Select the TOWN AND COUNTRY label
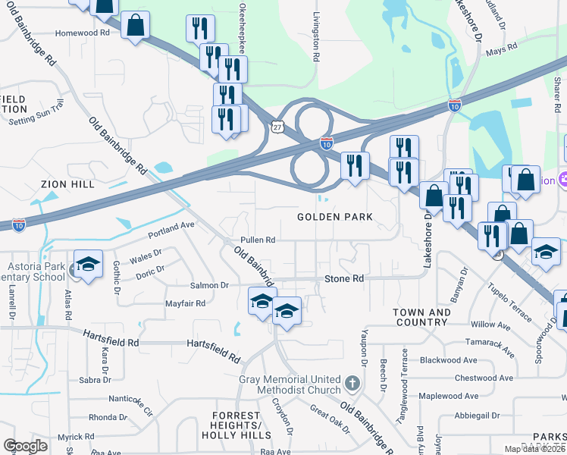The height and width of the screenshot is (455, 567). coord(421,318)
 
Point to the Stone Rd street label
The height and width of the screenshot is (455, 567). coord(344,279)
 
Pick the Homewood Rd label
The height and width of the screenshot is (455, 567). coord(84,33)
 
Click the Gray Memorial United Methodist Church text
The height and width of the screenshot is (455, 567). coord(290,384)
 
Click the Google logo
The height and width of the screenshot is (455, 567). coord(25,446)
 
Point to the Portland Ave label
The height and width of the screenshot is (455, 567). coord(171,225)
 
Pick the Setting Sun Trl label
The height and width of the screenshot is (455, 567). coord(34,121)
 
